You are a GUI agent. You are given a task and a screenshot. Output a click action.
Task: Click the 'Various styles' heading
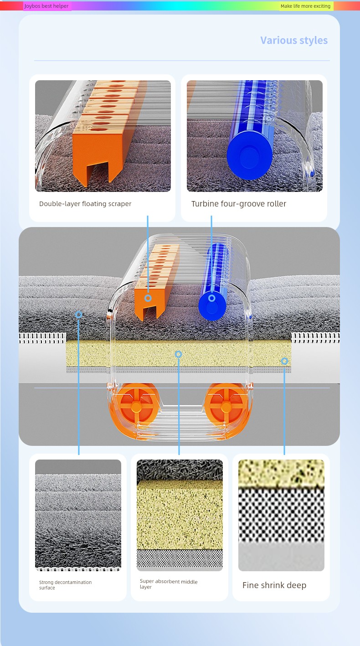point(294,41)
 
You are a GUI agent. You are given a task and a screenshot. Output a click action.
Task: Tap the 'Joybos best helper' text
point(46,6)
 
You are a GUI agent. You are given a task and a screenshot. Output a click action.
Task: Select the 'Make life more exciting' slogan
point(305,6)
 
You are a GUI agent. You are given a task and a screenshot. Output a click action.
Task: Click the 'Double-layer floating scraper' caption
point(85,204)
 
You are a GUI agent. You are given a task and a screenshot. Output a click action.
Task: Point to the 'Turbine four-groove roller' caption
point(239,204)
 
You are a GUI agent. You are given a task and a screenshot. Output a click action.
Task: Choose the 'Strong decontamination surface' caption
point(66,585)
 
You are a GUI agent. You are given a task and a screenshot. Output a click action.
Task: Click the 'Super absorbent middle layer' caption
point(169,584)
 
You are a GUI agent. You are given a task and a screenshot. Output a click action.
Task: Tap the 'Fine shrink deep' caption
point(274,585)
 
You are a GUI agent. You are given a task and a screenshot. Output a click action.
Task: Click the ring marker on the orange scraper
point(148,298)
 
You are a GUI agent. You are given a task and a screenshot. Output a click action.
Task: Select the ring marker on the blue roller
point(212,298)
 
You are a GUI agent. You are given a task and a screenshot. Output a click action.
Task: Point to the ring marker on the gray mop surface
point(78,315)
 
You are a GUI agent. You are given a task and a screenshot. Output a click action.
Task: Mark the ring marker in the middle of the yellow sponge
point(179,354)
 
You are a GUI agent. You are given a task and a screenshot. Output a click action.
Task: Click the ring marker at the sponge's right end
point(284,361)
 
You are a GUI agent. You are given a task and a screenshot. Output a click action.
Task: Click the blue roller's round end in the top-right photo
point(250,155)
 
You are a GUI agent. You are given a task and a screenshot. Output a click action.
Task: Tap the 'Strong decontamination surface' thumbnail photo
point(78,515)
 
